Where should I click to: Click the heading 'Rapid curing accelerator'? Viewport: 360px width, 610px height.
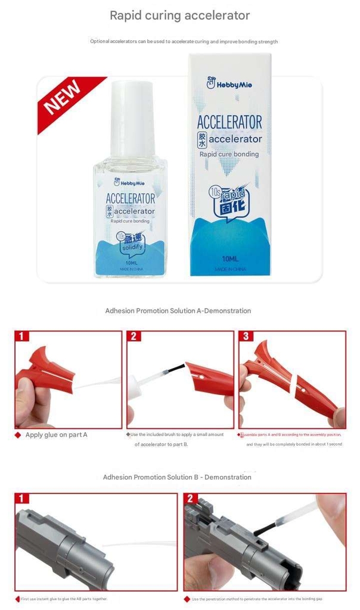coord(179,16)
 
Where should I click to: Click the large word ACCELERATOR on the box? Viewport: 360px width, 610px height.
coord(229,123)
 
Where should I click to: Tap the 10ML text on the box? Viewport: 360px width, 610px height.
coord(230,259)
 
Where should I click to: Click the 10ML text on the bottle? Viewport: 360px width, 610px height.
coord(132,262)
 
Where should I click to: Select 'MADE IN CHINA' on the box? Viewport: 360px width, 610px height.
coord(230,269)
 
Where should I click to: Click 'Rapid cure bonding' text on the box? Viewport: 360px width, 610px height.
coord(229,154)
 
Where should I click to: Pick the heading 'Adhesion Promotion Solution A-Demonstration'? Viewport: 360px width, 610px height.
coord(178,311)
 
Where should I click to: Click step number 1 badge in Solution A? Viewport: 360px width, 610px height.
coord(21,337)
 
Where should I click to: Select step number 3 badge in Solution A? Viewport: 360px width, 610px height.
coord(246,337)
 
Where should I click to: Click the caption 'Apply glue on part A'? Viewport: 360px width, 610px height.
coord(56,435)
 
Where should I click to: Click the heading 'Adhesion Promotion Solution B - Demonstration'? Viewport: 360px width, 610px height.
coord(177,477)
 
